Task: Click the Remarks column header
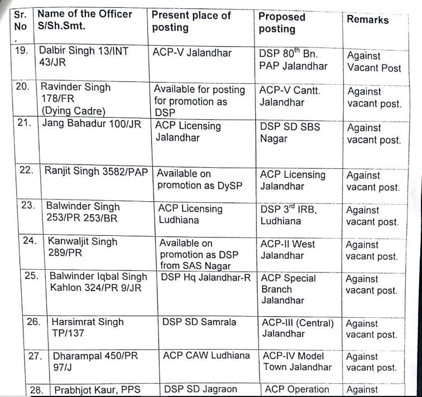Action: (x=367, y=20)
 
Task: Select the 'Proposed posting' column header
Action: (x=282, y=22)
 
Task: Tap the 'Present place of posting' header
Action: (x=191, y=22)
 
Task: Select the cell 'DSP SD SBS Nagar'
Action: (x=290, y=132)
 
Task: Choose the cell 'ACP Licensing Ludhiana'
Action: (x=190, y=215)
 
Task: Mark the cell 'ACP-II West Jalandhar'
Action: (x=287, y=250)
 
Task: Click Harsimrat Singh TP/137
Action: (x=88, y=328)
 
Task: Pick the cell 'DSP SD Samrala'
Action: (x=199, y=322)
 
